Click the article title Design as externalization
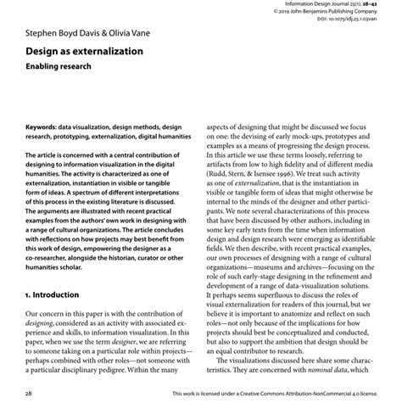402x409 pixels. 83,53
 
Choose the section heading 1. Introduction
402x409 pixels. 63,294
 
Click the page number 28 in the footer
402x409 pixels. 29,395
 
